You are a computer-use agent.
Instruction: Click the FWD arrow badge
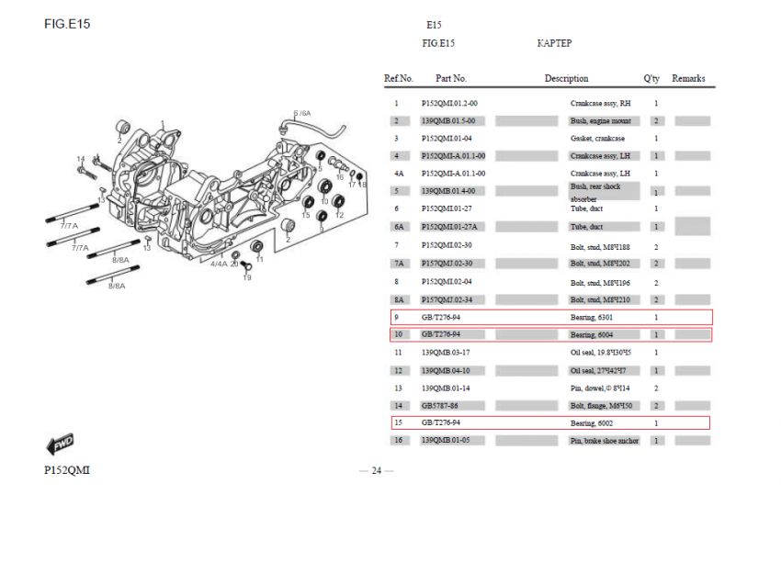(x=60, y=445)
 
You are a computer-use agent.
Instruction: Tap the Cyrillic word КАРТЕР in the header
(x=554, y=43)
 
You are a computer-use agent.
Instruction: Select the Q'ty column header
(x=651, y=79)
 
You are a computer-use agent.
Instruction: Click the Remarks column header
(x=688, y=79)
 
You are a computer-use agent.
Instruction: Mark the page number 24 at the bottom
(x=377, y=471)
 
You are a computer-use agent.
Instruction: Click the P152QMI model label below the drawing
(x=66, y=471)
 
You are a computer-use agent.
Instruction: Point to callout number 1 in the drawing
(x=163, y=123)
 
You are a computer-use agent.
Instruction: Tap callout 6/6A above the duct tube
(x=302, y=113)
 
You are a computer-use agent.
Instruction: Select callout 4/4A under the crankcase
(x=219, y=264)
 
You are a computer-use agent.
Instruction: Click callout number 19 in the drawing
(x=246, y=277)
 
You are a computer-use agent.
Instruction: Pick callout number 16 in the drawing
(x=340, y=176)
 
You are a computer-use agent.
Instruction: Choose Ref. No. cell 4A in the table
(x=399, y=174)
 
